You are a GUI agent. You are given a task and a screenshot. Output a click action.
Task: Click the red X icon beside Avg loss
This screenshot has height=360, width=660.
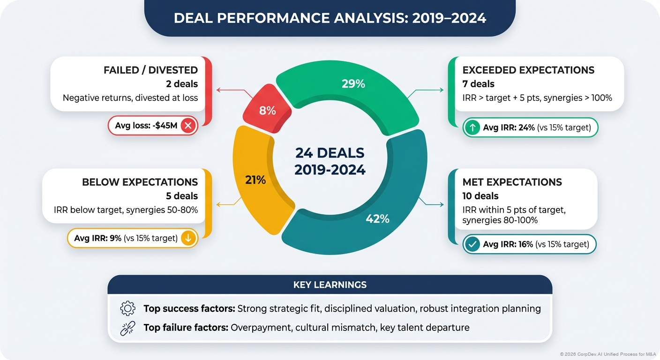click(188, 126)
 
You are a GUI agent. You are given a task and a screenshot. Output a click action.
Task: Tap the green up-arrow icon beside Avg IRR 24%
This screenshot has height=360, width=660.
click(472, 127)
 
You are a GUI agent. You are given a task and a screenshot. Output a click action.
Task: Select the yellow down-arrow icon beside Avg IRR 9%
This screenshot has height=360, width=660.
click(188, 238)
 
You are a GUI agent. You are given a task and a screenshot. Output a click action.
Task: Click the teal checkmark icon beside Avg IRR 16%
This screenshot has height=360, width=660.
click(472, 244)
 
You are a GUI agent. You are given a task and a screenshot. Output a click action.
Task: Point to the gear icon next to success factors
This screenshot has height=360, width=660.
click(127, 308)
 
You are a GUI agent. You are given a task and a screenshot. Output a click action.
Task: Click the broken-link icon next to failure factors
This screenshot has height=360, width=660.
click(127, 328)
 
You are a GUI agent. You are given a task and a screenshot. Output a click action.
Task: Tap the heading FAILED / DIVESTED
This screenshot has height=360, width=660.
click(150, 70)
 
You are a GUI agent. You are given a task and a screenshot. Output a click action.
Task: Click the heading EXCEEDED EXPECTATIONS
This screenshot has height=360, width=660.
click(528, 70)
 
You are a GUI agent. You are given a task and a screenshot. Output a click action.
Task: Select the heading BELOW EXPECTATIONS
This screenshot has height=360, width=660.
click(140, 182)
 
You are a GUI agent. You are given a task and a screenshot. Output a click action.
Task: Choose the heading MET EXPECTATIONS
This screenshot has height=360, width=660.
click(512, 182)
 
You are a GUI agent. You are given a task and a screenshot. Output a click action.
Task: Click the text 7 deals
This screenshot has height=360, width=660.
click(479, 84)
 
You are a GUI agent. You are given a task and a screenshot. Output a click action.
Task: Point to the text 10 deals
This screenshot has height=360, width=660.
click(480, 196)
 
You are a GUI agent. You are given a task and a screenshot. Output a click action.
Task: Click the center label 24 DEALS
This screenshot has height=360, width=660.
click(330, 153)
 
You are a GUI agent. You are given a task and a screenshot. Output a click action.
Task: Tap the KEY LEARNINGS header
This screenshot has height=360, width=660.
click(330, 285)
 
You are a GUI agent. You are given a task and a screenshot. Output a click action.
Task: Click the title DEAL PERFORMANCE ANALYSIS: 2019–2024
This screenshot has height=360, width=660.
click(330, 18)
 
